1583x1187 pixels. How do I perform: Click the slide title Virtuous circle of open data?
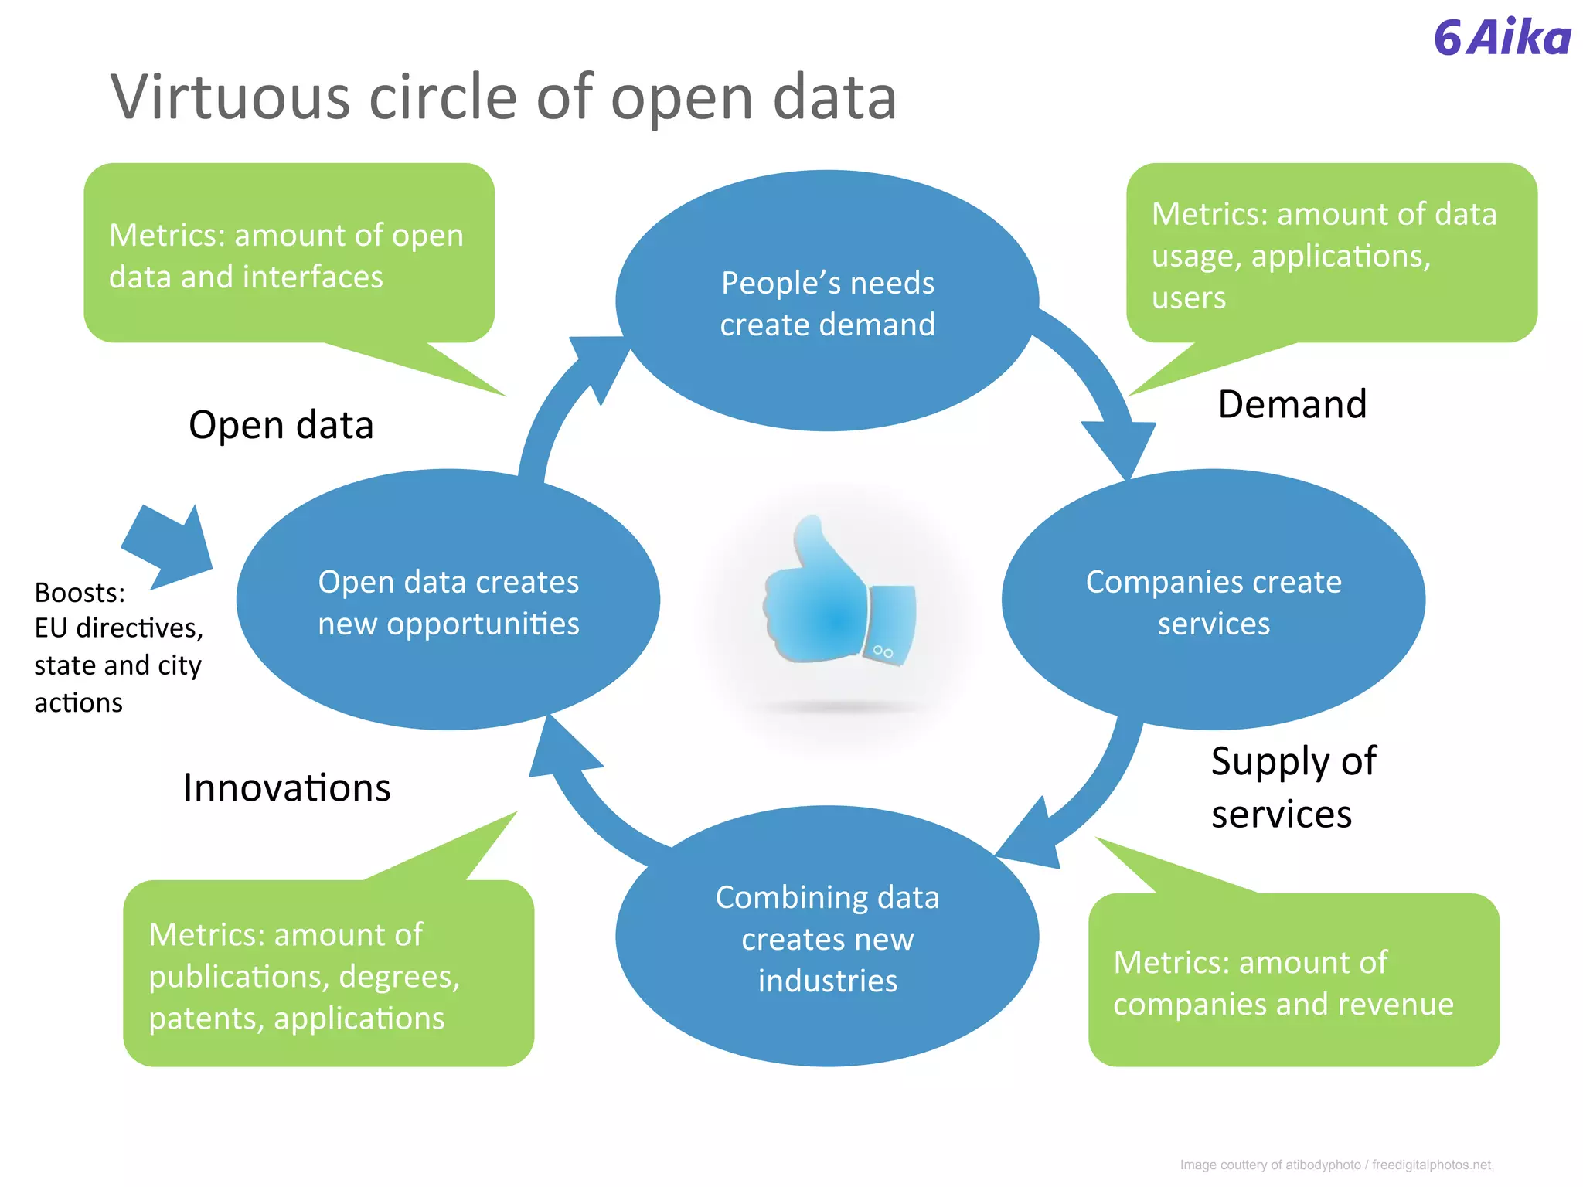pos(503,97)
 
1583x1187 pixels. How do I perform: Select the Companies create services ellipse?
pos(1214,601)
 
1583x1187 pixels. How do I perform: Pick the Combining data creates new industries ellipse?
pos(827,938)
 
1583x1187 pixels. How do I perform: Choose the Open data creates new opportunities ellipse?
pos(448,601)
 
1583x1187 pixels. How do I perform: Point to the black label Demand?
pos(1292,404)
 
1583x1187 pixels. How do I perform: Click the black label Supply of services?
pos(1292,787)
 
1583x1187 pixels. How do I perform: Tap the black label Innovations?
pos(287,787)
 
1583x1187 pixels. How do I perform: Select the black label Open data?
pos(281,425)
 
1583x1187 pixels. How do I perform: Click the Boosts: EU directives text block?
pos(118,647)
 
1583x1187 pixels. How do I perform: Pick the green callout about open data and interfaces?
pos(288,254)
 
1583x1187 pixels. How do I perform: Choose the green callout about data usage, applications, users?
pos(1331,254)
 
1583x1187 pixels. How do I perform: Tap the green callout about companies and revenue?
pos(1293,981)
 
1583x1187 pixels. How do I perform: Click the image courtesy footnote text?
pos(1336,1165)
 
